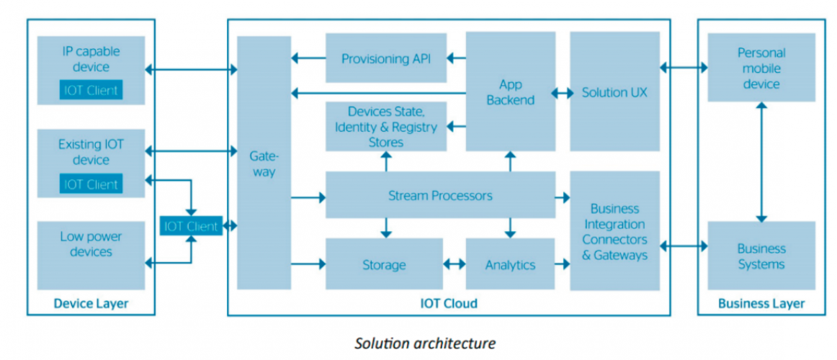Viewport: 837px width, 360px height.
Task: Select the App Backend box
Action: click(x=510, y=92)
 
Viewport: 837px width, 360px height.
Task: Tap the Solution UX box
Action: click(x=614, y=92)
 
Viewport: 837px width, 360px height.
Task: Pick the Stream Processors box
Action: click(x=440, y=195)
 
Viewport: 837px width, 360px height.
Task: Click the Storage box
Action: click(x=384, y=264)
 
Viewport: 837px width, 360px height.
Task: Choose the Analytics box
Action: click(x=510, y=264)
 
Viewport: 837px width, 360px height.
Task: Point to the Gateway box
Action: click(x=264, y=163)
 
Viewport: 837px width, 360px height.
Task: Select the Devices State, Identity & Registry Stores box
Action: click(x=385, y=127)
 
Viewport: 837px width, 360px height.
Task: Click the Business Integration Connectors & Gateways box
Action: click(x=614, y=230)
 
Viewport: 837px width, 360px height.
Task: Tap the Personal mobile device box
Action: click(x=761, y=68)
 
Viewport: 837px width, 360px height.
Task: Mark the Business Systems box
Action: click(x=761, y=256)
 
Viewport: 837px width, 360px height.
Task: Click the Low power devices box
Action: click(x=91, y=244)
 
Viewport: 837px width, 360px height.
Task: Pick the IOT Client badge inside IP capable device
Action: click(x=91, y=90)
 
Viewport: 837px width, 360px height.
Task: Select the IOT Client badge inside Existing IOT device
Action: click(x=91, y=184)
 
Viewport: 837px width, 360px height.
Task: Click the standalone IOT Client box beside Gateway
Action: click(x=191, y=226)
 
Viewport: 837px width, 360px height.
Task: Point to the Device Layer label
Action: click(x=91, y=303)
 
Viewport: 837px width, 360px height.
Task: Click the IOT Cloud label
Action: click(x=448, y=303)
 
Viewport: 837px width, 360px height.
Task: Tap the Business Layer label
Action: click(x=761, y=303)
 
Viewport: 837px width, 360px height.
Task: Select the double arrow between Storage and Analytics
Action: click(x=454, y=264)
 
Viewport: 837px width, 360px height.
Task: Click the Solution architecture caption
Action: click(x=425, y=343)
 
